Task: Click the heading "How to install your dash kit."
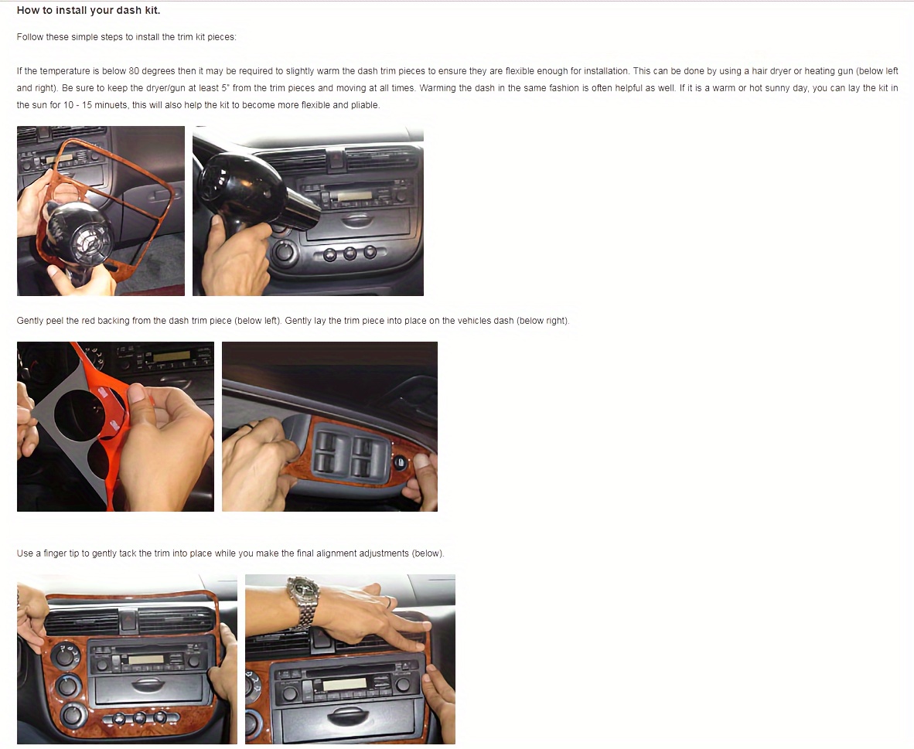coord(88,10)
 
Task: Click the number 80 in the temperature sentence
coord(134,71)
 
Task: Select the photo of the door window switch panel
coord(330,427)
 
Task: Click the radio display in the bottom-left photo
coord(145,659)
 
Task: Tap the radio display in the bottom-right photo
coord(344,684)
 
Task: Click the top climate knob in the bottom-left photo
coord(65,655)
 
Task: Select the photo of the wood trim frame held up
coord(101,211)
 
